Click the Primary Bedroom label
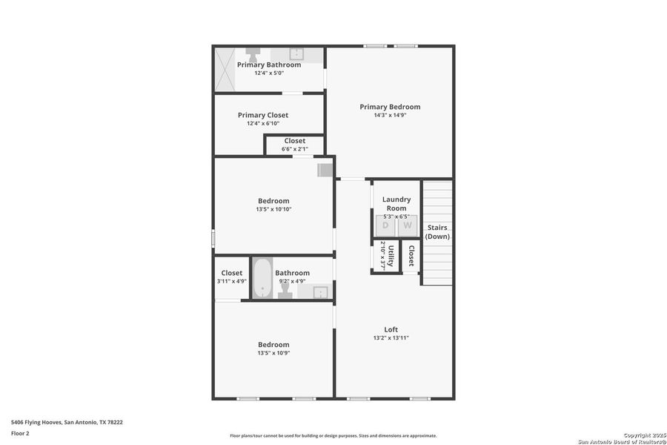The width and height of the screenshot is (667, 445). (x=390, y=107)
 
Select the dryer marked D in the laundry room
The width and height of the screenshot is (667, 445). (x=385, y=225)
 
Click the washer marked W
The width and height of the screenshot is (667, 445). (x=408, y=225)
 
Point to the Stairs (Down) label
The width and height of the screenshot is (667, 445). (x=437, y=232)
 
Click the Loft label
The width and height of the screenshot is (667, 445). (x=391, y=330)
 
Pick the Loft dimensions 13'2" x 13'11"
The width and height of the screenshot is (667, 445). (x=391, y=338)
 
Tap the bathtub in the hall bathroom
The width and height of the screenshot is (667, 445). (x=262, y=279)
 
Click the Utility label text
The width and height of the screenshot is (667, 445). (x=391, y=257)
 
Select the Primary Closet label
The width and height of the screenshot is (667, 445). (x=263, y=115)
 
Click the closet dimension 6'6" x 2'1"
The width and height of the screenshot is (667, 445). (x=294, y=149)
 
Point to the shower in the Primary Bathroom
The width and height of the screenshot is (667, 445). (x=225, y=69)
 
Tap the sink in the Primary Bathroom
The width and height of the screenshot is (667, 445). (x=296, y=54)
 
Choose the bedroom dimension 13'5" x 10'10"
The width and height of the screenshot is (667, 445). (x=273, y=209)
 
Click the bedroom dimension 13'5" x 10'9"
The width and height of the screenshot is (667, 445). (x=273, y=353)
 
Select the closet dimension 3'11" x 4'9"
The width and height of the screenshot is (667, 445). (x=231, y=281)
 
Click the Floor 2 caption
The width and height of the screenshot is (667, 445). (x=20, y=432)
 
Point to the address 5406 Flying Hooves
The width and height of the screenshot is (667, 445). (x=67, y=422)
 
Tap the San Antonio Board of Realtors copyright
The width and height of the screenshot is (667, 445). (x=622, y=438)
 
